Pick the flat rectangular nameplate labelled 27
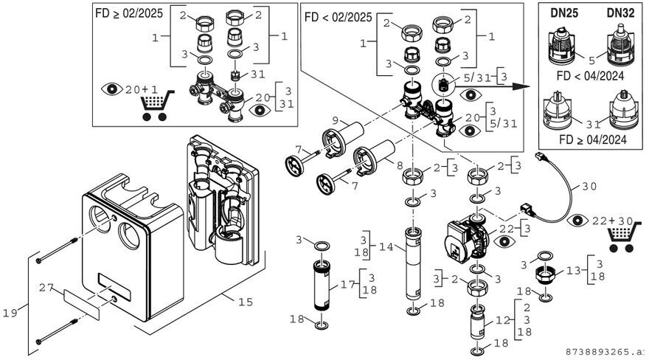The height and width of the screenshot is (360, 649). click(82, 302)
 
